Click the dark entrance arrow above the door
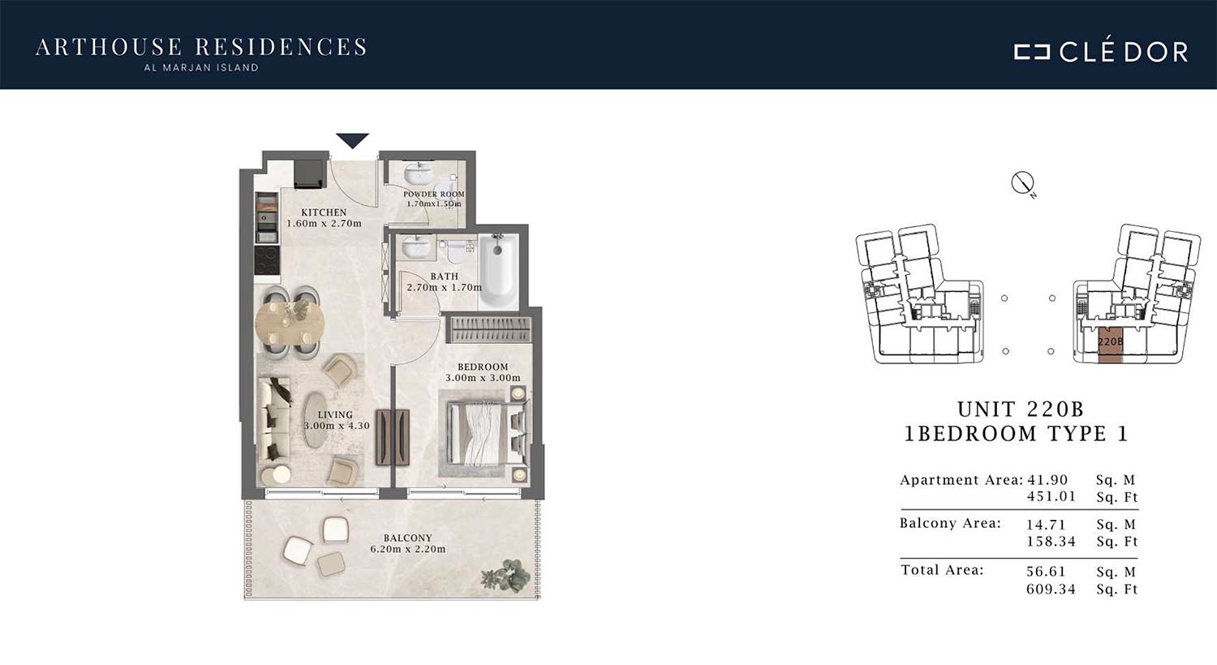353,140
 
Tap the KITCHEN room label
324,212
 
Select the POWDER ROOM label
433,194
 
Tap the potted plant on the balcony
505,576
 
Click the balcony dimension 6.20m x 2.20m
408,549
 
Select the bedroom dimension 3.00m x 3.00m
483,377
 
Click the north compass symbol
1023,183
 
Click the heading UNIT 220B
1021,409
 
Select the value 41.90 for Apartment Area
1047,480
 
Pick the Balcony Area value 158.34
1051,541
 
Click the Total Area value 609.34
1051,589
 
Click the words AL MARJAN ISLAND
201,68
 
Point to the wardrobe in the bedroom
488,329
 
